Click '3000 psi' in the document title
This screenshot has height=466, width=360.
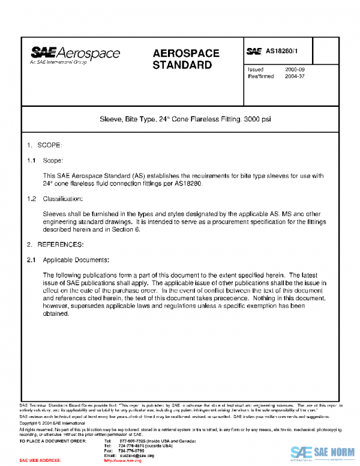pyautogui.click(x=257, y=120)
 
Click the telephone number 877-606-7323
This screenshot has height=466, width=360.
pyautogui.click(x=131, y=441)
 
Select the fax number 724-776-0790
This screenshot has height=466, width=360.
pyautogui.click(x=131, y=450)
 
